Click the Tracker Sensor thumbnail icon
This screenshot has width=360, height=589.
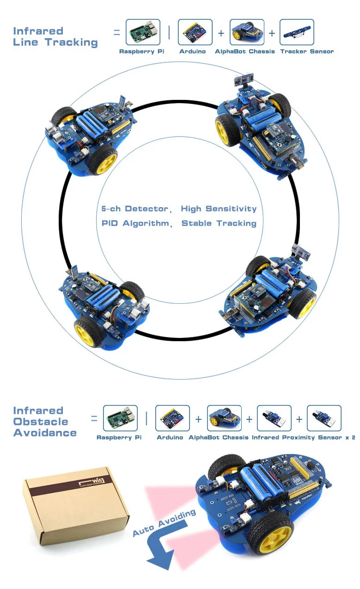coord(297,32)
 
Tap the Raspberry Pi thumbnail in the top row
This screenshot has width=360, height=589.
coord(143,32)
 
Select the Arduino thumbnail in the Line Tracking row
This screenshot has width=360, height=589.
coord(195,32)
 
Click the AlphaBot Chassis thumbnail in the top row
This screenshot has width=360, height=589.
coord(247,32)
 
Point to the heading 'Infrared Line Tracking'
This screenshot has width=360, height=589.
coord(55,37)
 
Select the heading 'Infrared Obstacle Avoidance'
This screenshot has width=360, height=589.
coord(44,422)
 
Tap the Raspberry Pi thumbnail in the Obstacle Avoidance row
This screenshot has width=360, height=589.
coord(120,418)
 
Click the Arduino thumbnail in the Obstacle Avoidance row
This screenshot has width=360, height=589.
coord(172,418)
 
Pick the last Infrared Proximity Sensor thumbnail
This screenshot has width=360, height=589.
coord(324,418)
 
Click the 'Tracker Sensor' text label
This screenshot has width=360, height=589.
coord(307,51)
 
